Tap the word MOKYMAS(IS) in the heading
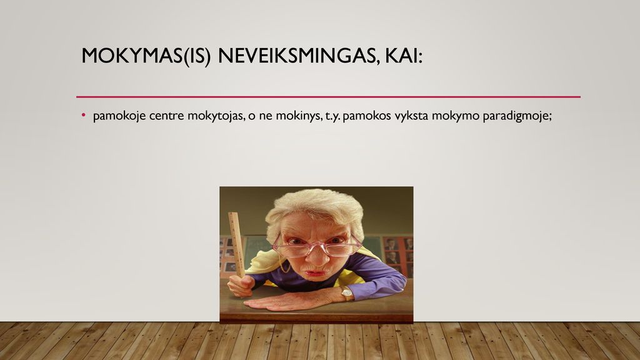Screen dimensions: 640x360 click(x=146, y=56)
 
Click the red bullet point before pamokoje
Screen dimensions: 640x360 click(x=84, y=115)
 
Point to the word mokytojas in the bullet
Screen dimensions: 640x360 click(x=216, y=116)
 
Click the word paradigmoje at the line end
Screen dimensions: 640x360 click(x=517, y=116)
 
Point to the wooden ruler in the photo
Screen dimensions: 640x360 click(x=237, y=244)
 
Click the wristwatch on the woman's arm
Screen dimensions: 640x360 click(x=346, y=292)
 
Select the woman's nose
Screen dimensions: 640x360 click(x=318, y=256)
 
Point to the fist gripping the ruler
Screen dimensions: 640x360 click(x=241, y=285)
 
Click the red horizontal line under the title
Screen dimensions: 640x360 click(x=328, y=97)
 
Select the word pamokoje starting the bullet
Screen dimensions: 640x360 click(x=119, y=116)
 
